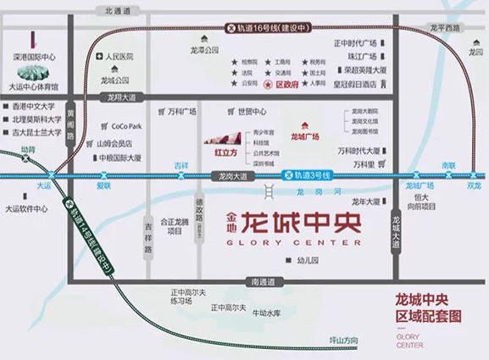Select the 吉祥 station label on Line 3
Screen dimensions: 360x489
[x=180, y=165]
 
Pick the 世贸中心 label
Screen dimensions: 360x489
[x=252, y=111]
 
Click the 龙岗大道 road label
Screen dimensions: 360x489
[x=226, y=175]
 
